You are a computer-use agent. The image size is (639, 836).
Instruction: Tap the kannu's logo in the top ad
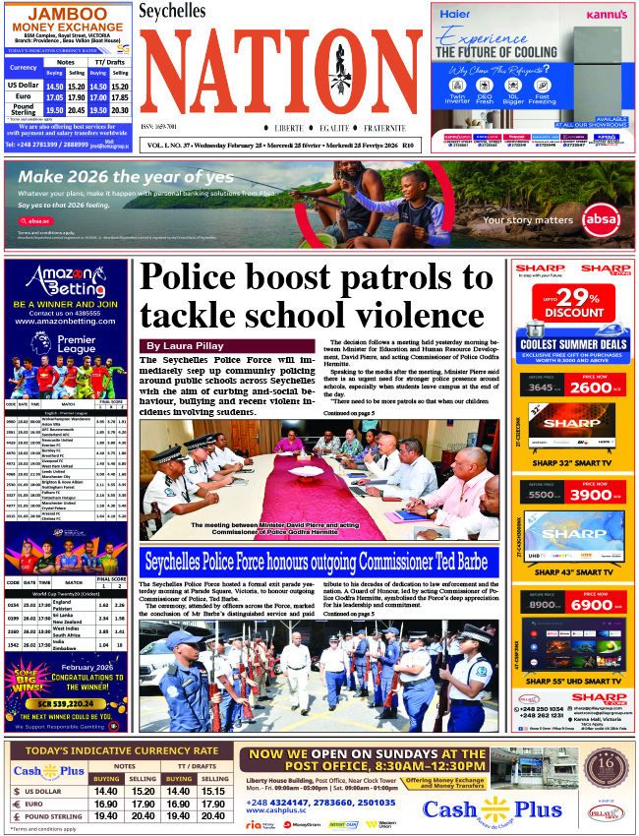click(601, 16)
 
